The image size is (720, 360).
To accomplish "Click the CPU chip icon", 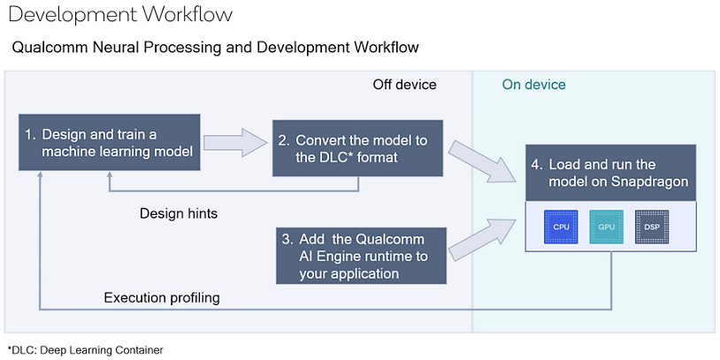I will point(561,226).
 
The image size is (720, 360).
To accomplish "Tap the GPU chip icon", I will point(606,226).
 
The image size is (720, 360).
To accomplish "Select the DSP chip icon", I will point(652,226).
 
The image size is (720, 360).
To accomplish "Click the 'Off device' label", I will point(404,85).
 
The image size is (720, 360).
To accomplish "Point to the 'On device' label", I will point(533,85).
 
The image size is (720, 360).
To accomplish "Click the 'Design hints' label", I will point(178,213).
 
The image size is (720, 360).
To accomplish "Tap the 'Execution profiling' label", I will point(162,297).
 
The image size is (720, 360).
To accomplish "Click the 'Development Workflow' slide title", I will point(121,15).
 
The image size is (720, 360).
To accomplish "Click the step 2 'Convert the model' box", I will point(357,148).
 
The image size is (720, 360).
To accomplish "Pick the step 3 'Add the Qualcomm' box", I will point(363,256).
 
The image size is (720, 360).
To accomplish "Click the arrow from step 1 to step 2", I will point(235,142).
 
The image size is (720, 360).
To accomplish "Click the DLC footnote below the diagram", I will point(85,350).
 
